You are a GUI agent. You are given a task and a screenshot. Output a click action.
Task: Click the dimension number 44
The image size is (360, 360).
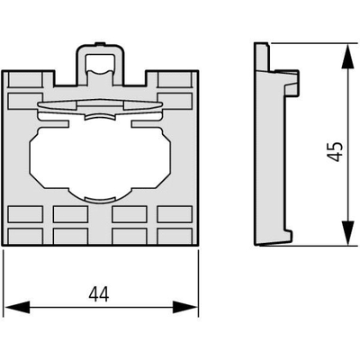point(99,294)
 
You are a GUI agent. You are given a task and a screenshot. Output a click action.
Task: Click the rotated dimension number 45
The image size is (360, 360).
point(335,151)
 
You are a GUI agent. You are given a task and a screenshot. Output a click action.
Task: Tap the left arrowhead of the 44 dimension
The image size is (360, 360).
point(18,307)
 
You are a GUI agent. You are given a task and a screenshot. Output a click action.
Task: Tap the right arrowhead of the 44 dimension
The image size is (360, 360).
point(185,307)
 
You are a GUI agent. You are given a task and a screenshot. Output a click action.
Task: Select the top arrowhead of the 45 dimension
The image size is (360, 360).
point(347,57)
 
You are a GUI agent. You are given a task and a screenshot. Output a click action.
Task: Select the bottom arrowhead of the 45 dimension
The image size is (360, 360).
point(347,233)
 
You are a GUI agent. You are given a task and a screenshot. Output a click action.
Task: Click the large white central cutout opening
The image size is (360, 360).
point(100,159)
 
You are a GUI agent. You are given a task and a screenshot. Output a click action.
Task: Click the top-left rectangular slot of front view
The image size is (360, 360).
point(25,79)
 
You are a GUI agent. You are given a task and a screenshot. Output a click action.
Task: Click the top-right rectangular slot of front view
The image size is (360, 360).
point(175,79)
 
